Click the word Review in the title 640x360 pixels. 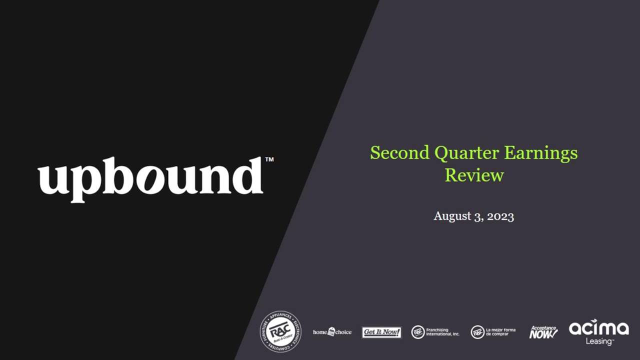[x=474, y=175]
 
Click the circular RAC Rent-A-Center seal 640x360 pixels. [x=280, y=331]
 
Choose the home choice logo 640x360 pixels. [x=332, y=332]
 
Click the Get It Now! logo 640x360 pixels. [x=381, y=332]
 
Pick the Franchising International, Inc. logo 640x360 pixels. [x=435, y=332]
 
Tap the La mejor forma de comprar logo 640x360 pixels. [x=493, y=332]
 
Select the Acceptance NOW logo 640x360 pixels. [x=543, y=332]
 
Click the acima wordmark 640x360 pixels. [x=598, y=328]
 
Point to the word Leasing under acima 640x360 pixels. [x=599, y=341]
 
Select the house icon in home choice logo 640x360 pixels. [x=331, y=332]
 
